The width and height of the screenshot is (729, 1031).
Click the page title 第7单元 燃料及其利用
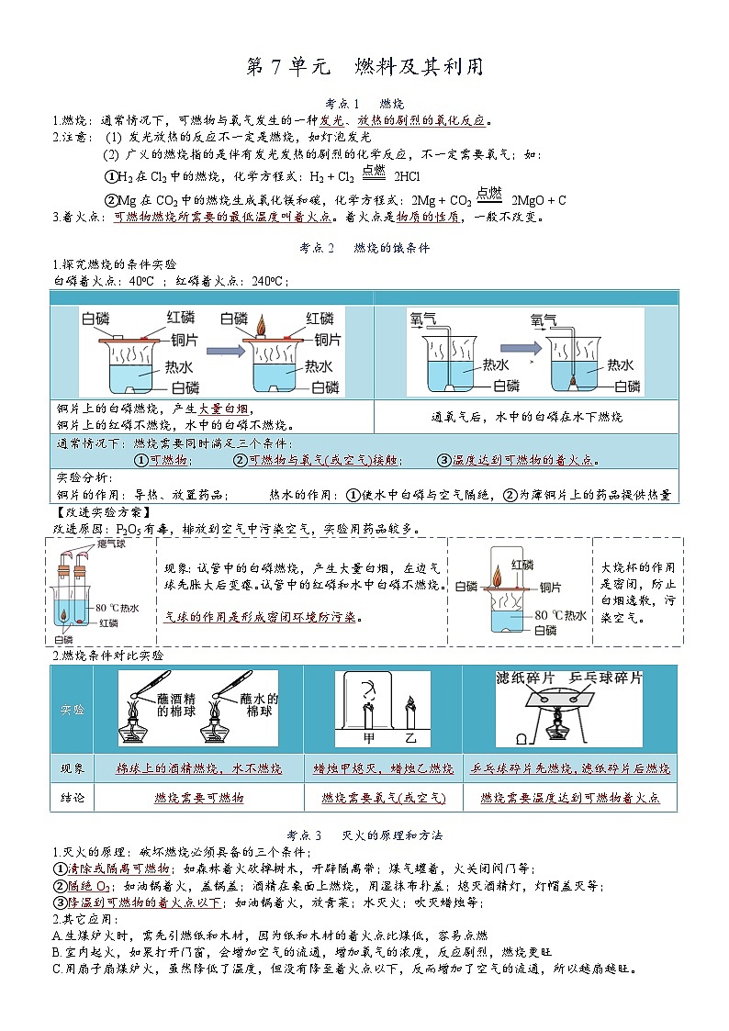coord(364,67)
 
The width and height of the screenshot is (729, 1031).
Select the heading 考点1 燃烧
coord(364,103)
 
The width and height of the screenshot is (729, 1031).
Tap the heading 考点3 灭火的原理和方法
coord(364,835)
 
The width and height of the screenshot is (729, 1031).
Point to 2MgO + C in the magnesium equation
coord(539,200)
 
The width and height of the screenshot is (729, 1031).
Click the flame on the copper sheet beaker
coord(261,325)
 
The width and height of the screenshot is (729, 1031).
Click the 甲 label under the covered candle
coord(368,737)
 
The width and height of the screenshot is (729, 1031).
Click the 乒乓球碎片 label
coord(606,678)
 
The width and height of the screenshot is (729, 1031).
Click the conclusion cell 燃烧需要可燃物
coord(198,798)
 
